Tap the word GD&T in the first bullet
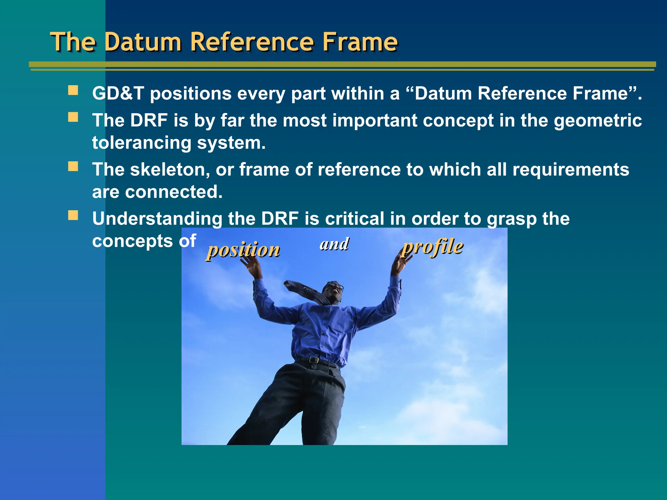click(x=118, y=94)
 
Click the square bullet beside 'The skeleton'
click(x=73, y=166)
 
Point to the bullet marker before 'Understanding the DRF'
click(x=73, y=215)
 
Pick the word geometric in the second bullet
click(x=598, y=121)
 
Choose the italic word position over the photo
click(x=243, y=250)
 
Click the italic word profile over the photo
click(x=432, y=247)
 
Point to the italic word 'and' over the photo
click(x=334, y=244)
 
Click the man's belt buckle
click(x=314, y=360)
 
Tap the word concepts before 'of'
click(x=132, y=241)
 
